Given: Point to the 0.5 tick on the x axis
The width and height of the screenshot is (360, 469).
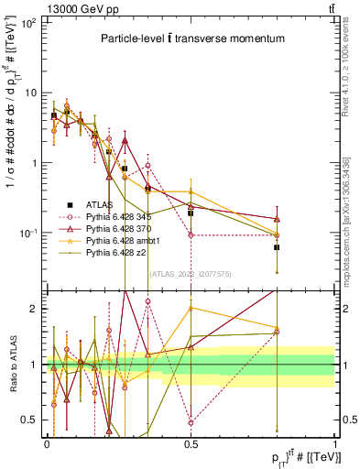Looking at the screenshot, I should click(x=191, y=442).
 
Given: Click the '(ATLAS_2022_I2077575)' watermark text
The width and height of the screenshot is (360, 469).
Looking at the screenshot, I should click(x=190, y=273).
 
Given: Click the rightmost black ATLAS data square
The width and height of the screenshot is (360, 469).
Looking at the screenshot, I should click(x=277, y=247).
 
